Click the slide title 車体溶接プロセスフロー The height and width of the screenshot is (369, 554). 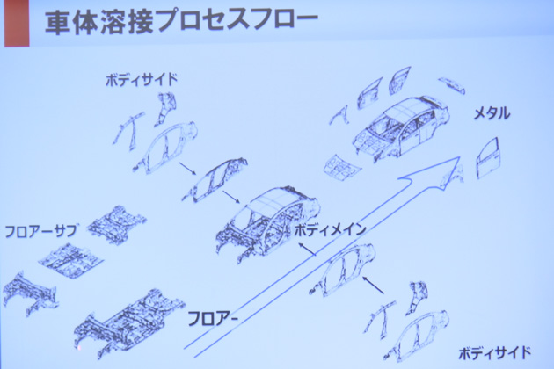182,24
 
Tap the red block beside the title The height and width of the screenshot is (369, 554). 17,24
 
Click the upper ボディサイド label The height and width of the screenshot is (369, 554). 142,80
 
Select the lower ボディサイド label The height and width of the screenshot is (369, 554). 494,353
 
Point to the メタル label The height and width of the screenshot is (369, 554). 492,113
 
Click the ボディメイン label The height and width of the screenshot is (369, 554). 330,230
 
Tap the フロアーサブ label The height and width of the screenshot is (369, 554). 40,231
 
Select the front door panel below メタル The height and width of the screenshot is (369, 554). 489,158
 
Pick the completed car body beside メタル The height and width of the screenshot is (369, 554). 401,126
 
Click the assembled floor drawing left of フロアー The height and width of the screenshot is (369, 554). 129,322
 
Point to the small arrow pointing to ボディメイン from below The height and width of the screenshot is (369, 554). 307,249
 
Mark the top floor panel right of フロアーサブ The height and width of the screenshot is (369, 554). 117,225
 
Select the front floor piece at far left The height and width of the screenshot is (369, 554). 30,292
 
